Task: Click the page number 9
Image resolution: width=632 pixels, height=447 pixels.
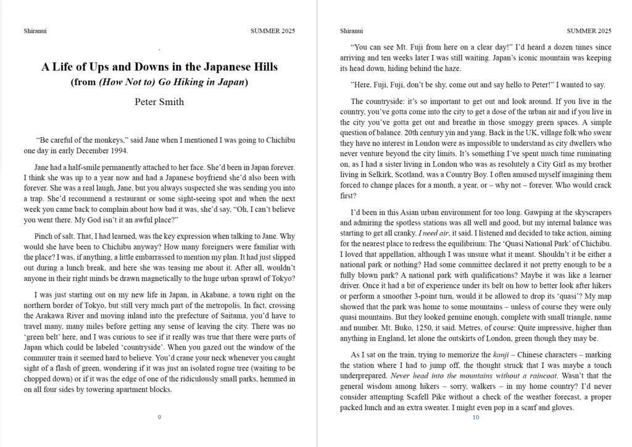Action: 159,417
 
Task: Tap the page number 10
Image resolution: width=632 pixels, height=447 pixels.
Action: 475,417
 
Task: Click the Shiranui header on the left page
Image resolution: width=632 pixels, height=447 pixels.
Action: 35,30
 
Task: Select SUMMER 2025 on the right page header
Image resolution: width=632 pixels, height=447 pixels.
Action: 589,30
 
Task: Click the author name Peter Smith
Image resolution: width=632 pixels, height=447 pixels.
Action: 159,102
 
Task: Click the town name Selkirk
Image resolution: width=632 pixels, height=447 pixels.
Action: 371,175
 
